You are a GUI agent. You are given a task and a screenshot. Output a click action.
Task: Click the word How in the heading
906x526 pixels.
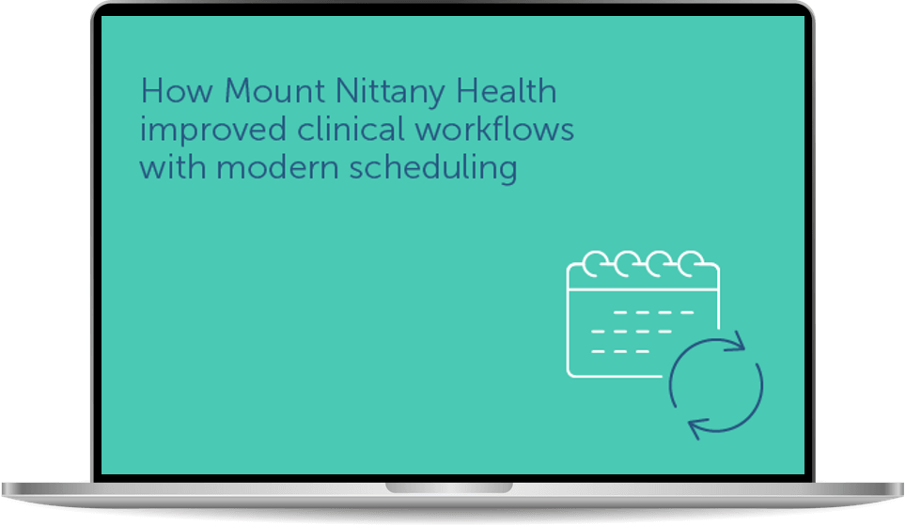click(177, 91)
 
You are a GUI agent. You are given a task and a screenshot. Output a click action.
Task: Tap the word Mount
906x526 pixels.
click(274, 91)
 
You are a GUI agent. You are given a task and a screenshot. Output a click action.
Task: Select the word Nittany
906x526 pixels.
click(391, 92)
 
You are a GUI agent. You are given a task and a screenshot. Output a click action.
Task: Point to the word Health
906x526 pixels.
click(507, 91)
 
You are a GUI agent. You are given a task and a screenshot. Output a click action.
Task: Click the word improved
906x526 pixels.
click(213, 131)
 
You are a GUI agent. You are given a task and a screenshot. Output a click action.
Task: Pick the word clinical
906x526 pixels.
click(351, 128)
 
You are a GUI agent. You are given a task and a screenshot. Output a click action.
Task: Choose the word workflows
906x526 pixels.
click(494, 128)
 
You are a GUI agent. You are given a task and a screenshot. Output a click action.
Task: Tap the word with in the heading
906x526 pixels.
click(173, 167)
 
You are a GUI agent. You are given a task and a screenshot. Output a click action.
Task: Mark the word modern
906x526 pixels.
click(277, 167)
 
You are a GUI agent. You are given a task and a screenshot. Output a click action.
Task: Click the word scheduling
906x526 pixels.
click(433, 168)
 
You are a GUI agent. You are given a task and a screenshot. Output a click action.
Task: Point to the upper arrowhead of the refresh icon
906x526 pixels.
click(735, 342)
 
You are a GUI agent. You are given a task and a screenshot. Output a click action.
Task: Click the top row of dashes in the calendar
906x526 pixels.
click(653, 313)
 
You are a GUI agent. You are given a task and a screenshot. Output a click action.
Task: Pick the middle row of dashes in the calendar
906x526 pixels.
click(632, 332)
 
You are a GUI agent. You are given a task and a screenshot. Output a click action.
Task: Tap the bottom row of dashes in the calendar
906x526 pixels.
click(620, 351)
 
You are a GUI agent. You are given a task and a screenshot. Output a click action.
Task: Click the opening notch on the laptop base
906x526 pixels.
click(449, 488)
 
